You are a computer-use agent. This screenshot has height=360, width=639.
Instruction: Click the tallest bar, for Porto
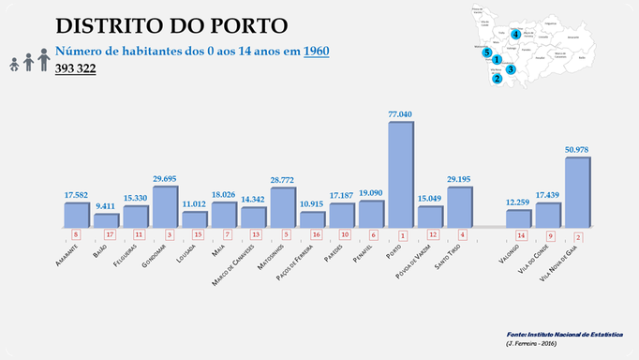click(x=400, y=175)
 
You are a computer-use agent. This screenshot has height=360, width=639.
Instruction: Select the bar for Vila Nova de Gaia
click(x=577, y=193)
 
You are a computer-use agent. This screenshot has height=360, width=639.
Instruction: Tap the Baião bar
click(x=106, y=221)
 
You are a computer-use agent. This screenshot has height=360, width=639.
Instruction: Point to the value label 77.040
click(x=400, y=114)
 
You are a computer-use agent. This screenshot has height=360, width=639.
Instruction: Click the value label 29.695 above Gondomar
click(x=164, y=177)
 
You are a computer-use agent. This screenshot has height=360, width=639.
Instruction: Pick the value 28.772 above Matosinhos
click(x=282, y=179)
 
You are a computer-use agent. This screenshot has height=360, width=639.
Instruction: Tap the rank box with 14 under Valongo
click(x=518, y=234)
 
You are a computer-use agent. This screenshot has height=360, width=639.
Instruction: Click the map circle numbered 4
click(x=516, y=35)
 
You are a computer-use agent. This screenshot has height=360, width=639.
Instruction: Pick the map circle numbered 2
click(x=497, y=79)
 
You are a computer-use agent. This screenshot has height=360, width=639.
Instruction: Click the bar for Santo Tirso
click(x=459, y=207)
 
